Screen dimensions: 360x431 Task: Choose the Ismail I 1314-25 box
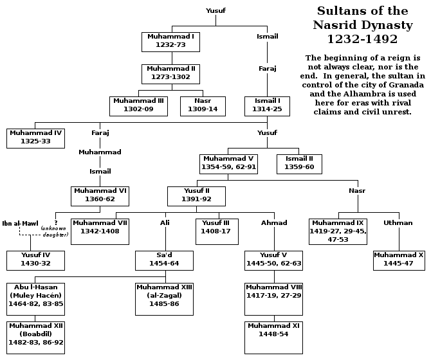[x=268, y=105]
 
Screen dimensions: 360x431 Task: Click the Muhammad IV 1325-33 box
[x=35, y=138]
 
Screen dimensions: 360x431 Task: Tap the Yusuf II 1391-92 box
[x=196, y=195]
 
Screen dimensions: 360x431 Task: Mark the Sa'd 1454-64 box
[x=165, y=260]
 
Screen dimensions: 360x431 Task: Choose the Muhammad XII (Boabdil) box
[x=35, y=337]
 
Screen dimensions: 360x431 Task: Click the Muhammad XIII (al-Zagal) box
[x=165, y=298]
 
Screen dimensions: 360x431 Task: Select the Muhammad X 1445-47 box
[x=399, y=260]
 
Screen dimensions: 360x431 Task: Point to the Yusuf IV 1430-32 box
[x=35, y=260]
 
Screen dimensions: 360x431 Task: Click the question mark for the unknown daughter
[x=56, y=222]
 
